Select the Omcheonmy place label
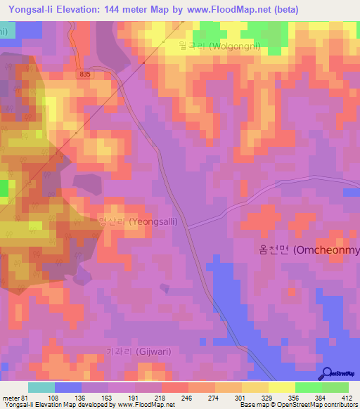(x=306, y=249)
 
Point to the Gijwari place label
(x=138, y=351)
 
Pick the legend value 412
(x=347, y=397)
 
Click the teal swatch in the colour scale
(x=41, y=387)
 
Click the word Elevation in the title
(x=91, y=10)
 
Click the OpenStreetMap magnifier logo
(x=328, y=374)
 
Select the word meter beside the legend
(x=9, y=397)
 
